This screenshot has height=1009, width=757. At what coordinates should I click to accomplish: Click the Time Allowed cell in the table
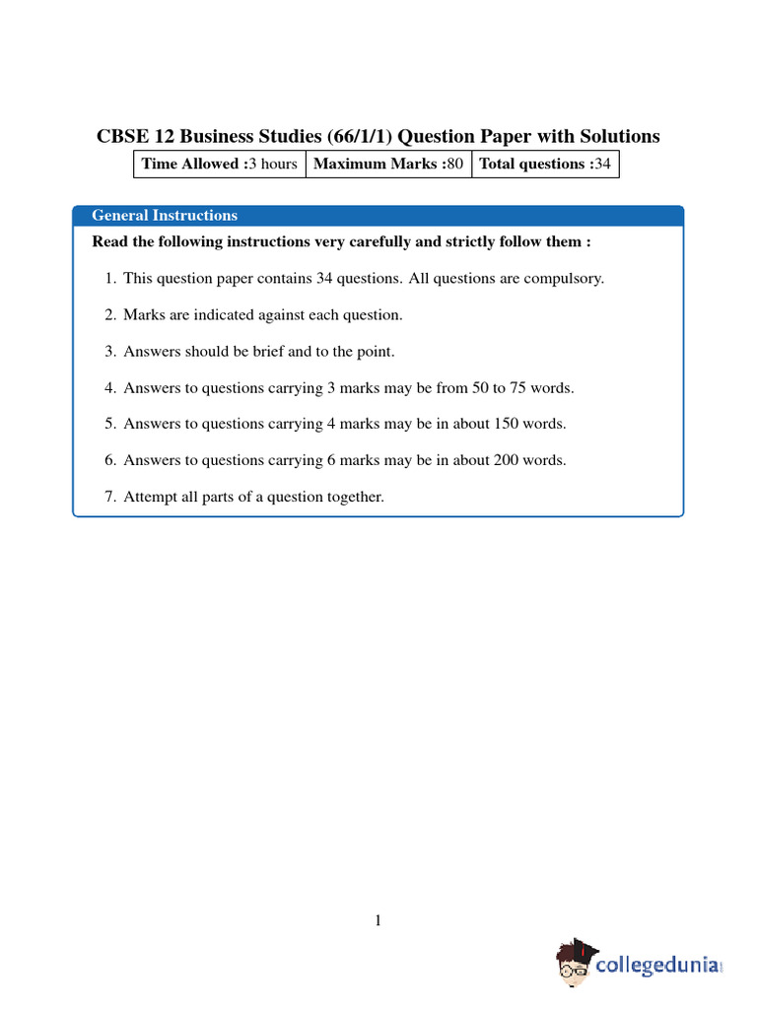[x=219, y=164]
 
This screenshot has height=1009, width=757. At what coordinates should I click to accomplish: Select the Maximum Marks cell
[x=388, y=164]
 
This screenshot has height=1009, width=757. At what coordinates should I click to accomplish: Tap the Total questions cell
[x=545, y=164]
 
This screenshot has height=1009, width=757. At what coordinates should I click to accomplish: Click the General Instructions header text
[x=165, y=216]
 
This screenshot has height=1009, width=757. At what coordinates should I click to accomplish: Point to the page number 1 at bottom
[x=378, y=920]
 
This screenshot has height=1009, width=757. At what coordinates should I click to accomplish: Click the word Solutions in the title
[x=619, y=136]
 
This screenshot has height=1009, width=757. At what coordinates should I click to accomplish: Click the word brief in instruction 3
[x=259, y=351]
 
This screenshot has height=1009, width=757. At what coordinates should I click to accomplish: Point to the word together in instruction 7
[x=353, y=497]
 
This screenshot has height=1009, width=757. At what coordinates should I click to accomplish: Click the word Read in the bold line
[x=109, y=241]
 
